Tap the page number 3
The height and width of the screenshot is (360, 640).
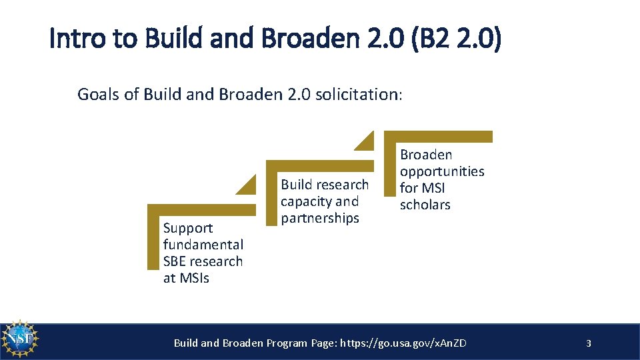click(x=588, y=343)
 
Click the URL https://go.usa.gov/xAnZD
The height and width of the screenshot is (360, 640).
click(x=403, y=343)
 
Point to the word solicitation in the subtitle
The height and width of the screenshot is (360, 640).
click(x=359, y=94)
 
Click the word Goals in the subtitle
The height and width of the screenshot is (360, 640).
click(x=99, y=94)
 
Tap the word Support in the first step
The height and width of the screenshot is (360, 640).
click(x=188, y=228)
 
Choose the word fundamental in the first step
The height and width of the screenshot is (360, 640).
click(x=203, y=245)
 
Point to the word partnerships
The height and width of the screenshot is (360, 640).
click(x=320, y=218)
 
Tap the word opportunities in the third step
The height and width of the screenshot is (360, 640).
click(x=442, y=171)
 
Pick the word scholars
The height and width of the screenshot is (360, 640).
click(x=425, y=205)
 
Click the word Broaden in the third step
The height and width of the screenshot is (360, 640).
click(x=426, y=155)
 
